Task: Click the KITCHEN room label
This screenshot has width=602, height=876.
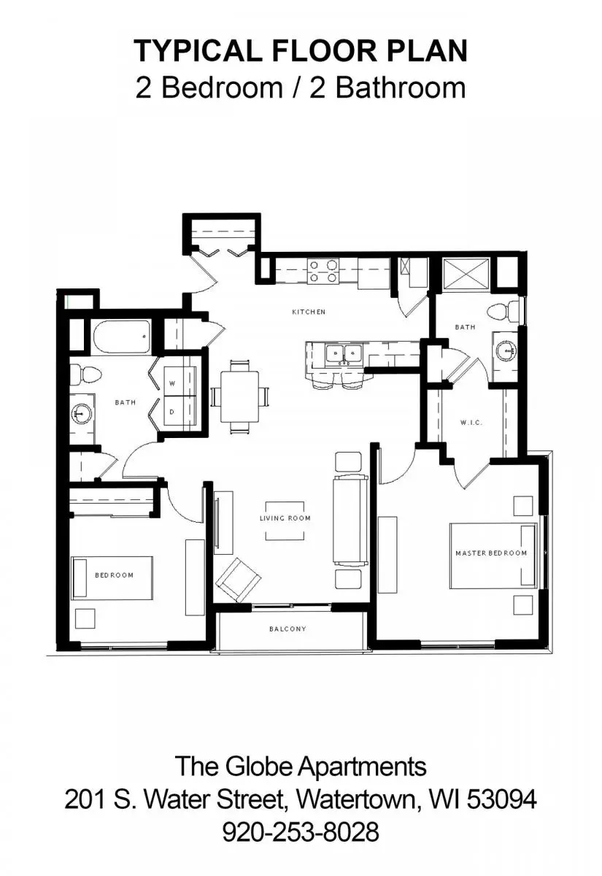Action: [x=309, y=312]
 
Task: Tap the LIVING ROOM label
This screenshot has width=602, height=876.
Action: [x=285, y=518]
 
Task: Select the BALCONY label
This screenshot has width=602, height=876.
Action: [x=288, y=629]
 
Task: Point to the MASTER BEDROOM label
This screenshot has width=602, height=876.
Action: [x=491, y=553]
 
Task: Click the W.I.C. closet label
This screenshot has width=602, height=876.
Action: [x=471, y=423]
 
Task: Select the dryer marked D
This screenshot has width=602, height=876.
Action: [x=180, y=410]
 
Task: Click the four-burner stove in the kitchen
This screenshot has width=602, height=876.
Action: [x=323, y=271]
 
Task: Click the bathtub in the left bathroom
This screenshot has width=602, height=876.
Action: [x=122, y=337]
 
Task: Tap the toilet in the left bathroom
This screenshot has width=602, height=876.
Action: [x=85, y=374]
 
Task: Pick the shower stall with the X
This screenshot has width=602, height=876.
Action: [x=466, y=274]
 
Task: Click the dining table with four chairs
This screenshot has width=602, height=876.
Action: [x=240, y=396]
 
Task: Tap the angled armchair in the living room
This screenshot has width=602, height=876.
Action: [x=239, y=580]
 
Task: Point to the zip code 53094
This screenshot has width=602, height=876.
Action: [x=502, y=799]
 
